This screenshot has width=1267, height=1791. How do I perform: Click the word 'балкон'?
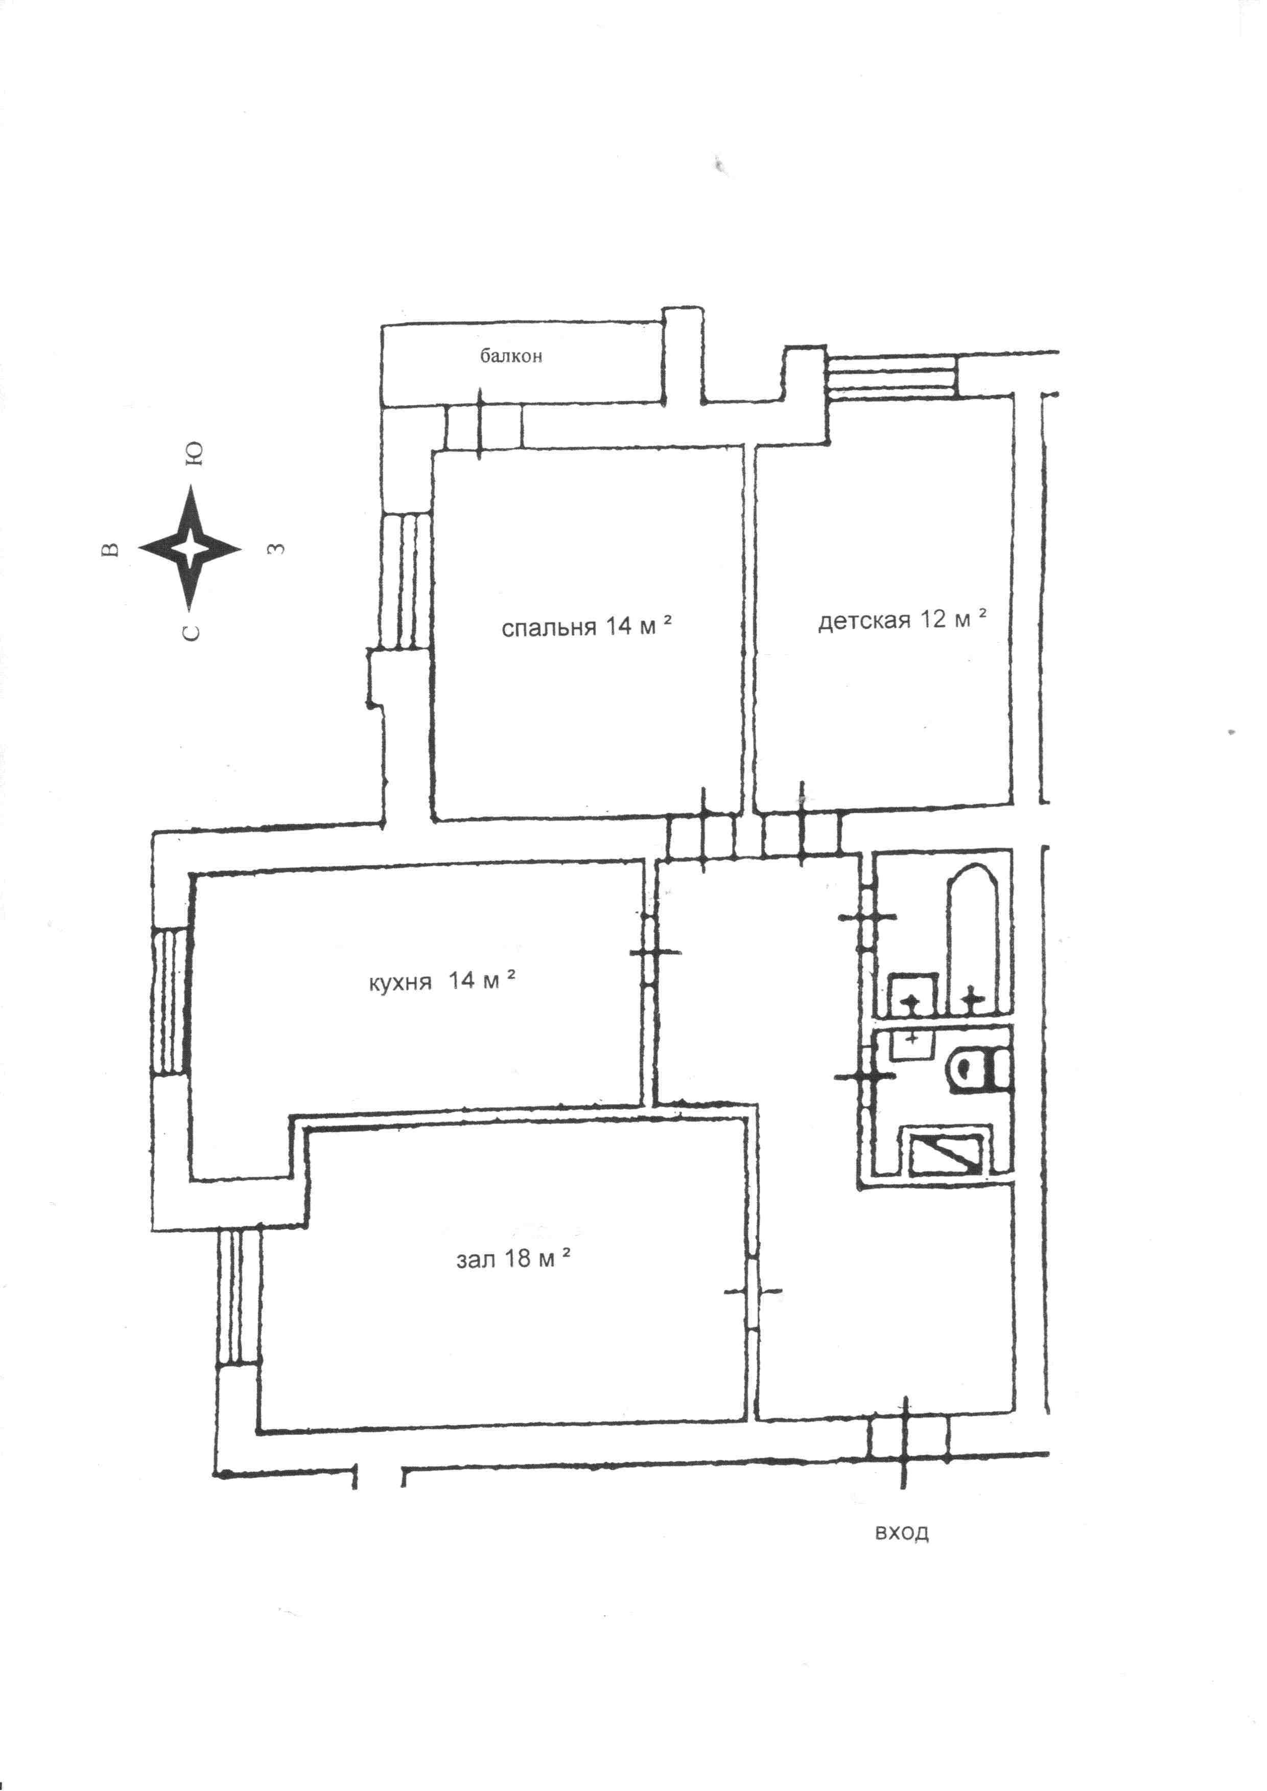(511, 357)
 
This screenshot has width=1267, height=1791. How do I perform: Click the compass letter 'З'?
(275, 548)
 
